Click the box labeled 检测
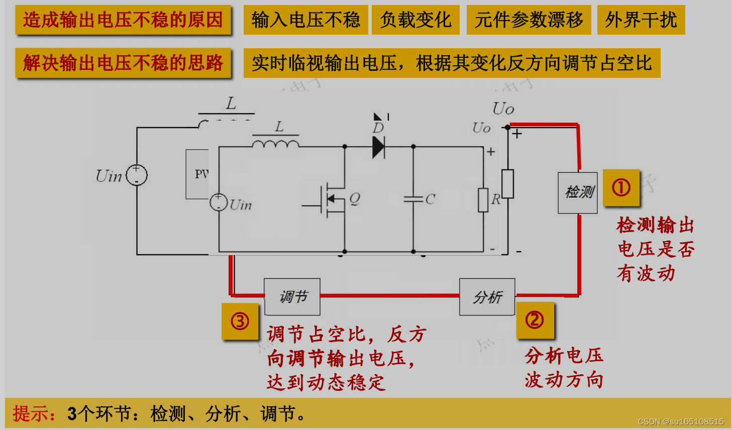(x=578, y=193)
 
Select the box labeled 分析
(x=487, y=297)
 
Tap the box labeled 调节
(x=292, y=297)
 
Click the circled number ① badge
(x=621, y=188)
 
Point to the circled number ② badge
(x=535, y=320)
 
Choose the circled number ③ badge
(x=240, y=321)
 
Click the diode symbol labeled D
(x=378, y=147)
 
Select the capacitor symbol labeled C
(x=413, y=199)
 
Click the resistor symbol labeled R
(x=483, y=200)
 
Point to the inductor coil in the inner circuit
(x=275, y=145)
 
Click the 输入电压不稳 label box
(x=305, y=20)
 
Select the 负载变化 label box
(x=415, y=20)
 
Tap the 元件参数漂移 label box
(x=529, y=20)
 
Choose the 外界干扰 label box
(x=641, y=20)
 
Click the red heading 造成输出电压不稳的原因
(x=123, y=20)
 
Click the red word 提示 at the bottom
(x=34, y=413)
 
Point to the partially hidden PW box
(x=197, y=174)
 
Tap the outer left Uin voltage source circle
(x=137, y=175)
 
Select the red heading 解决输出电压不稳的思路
(x=123, y=63)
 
